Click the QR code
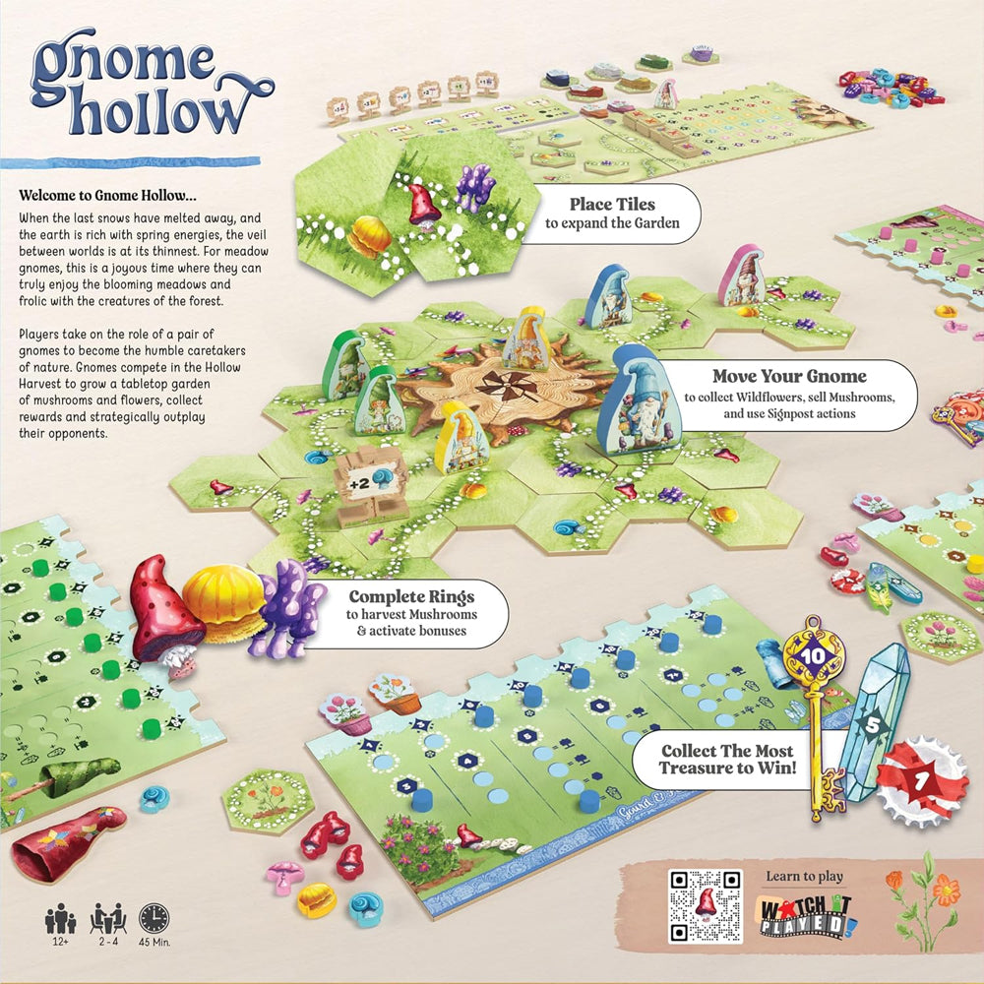pos(704,904)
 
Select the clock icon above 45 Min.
pos(154,918)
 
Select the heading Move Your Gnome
pos(790,376)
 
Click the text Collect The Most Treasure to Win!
pos(727,759)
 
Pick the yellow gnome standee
pos(461,435)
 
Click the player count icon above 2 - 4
pos(107,918)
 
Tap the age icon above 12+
pos(61,919)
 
